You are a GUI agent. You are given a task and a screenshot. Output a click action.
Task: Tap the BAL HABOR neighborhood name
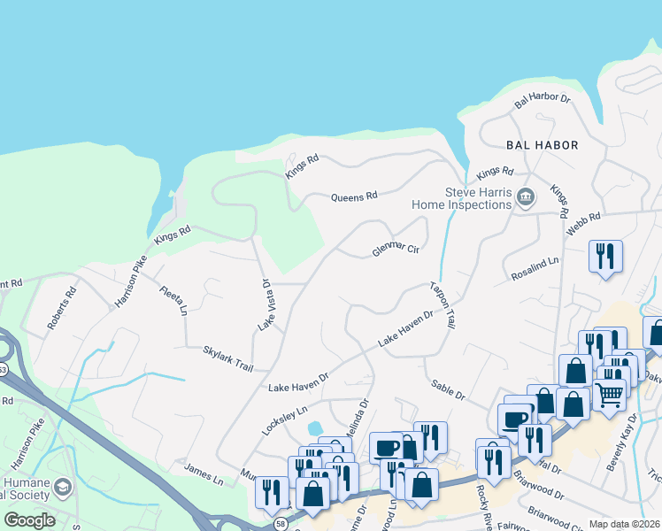(x=542, y=145)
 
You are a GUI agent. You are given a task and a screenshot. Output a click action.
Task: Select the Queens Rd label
(x=354, y=196)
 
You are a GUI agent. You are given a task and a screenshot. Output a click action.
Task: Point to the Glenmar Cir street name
(x=395, y=250)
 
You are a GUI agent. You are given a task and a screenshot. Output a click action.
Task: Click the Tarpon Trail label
(x=442, y=305)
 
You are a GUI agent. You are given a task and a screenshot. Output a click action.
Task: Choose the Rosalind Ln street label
(x=535, y=270)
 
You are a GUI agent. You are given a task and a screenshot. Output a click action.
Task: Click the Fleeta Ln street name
(x=173, y=299)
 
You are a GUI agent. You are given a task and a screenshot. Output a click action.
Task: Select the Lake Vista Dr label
(x=265, y=305)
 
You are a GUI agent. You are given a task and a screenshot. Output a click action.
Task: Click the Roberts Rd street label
(x=63, y=308)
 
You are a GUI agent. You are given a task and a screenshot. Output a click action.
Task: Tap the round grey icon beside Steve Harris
(x=526, y=197)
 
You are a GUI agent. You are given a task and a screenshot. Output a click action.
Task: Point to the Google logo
(x=29, y=519)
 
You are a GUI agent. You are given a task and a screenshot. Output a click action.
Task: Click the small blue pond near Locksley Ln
(x=315, y=428)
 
